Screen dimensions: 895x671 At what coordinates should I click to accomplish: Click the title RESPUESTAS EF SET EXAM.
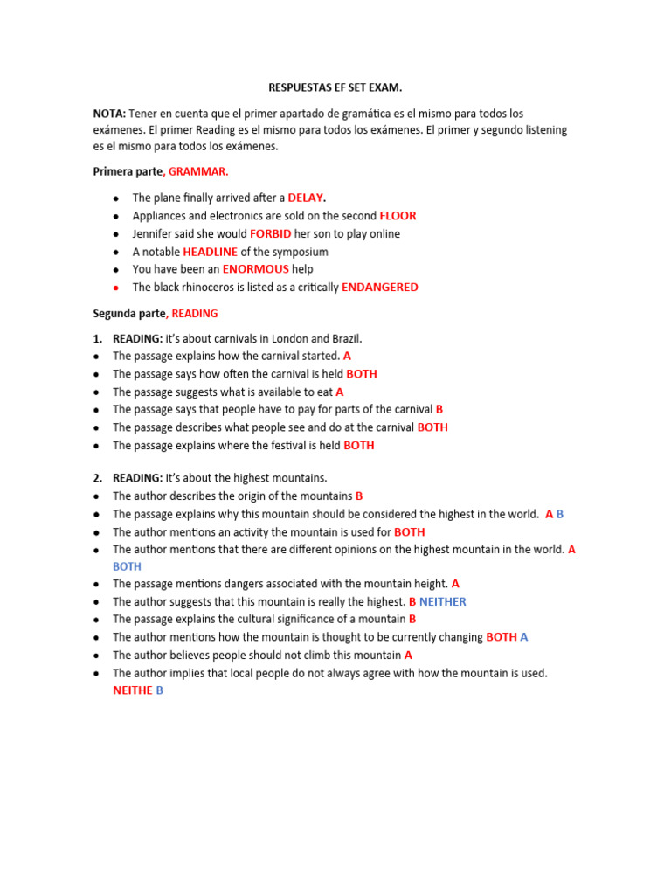(x=335, y=88)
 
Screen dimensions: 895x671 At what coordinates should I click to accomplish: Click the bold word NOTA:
(x=109, y=114)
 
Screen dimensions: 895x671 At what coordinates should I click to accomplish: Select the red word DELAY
(x=306, y=198)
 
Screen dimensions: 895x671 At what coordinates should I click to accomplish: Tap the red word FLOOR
(x=398, y=216)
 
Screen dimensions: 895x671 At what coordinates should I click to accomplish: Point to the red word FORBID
(x=270, y=233)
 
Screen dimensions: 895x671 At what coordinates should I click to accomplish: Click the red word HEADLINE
(x=210, y=252)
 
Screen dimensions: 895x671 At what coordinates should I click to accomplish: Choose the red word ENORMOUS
(x=255, y=269)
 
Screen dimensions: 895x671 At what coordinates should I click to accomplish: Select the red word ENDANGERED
(x=379, y=287)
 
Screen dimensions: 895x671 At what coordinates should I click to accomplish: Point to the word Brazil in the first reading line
(x=343, y=338)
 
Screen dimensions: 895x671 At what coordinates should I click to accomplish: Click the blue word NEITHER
(x=443, y=601)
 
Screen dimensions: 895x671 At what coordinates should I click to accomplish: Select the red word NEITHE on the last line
(x=132, y=690)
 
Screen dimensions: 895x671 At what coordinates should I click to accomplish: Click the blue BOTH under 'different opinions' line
(x=127, y=566)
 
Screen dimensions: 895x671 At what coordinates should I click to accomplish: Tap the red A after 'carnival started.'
(x=347, y=356)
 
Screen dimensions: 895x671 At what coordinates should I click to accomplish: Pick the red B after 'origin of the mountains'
(x=359, y=496)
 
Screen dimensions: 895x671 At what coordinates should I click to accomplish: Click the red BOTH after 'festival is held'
(x=359, y=445)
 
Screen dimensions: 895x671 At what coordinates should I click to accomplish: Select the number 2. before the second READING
(x=99, y=477)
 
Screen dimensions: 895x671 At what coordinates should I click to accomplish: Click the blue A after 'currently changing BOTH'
(x=524, y=637)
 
